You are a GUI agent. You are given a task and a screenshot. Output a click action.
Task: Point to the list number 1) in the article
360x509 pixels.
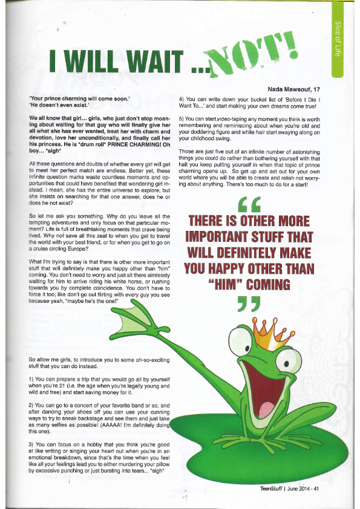click(32, 378)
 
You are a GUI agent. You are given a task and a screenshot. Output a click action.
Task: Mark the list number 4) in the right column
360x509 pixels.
click(181, 98)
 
